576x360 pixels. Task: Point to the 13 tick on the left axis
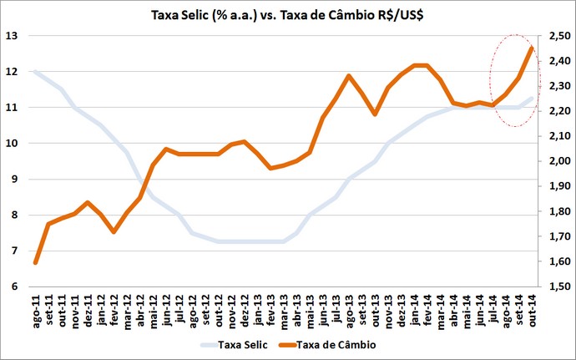pos(12,36)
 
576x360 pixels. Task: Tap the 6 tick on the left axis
pos(13,286)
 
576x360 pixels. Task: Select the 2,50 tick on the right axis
pos(555,36)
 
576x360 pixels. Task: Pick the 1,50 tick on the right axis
pos(555,286)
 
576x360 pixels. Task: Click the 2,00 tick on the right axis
pos(555,161)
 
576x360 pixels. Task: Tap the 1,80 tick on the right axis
pos(555,211)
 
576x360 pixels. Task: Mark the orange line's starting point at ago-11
pos(35,262)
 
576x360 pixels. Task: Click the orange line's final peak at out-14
pos(532,48)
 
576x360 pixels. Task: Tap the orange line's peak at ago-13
pos(349,76)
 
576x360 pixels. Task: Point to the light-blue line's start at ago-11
pos(35,72)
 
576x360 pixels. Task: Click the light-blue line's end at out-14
pos(532,99)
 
